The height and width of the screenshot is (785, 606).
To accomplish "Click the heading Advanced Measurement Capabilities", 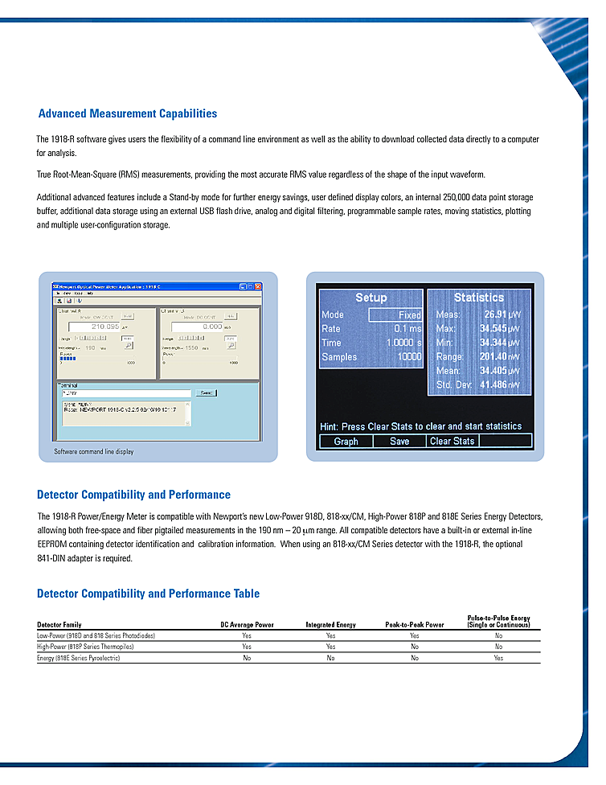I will click(x=128, y=114).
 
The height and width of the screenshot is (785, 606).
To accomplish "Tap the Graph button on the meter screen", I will click(x=346, y=441).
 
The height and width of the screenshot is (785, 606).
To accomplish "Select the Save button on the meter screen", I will click(x=399, y=441).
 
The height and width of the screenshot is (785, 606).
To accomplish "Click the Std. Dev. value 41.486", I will click(x=493, y=385).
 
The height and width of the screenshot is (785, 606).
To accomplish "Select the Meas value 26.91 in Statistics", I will click(x=493, y=314).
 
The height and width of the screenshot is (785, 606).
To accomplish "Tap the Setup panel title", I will click(x=371, y=298).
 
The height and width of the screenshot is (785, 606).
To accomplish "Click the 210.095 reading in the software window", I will click(x=105, y=327).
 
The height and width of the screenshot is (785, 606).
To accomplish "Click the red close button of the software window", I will click(x=258, y=286).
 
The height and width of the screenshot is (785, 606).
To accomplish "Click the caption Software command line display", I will click(x=94, y=452).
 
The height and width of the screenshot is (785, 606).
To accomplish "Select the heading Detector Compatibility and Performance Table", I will click(x=149, y=594).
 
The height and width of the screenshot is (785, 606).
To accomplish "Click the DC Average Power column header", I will click(x=247, y=625).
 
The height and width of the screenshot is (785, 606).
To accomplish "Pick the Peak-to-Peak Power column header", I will click(x=415, y=625).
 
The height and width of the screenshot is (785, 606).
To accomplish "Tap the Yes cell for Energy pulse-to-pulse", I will click(x=498, y=658).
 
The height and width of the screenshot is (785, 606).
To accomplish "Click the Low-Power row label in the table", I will click(x=96, y=635).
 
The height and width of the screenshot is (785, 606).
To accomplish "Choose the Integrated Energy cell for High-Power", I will click(x=330, y=647).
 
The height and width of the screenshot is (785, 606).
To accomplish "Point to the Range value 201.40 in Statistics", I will click(x=493, y=356).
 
